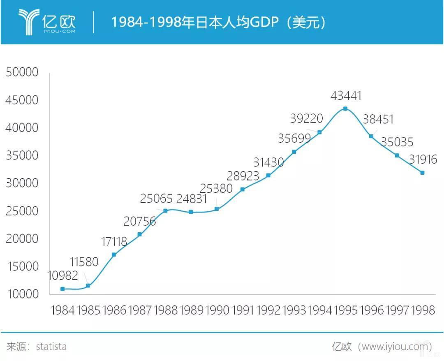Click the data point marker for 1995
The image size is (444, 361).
[345, 109]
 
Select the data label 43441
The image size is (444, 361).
[346, 96]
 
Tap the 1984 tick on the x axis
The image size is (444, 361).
[62, 310]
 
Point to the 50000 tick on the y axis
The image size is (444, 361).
[22, 72]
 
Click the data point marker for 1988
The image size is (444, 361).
[165, 211]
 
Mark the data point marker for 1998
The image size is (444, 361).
[422, 173]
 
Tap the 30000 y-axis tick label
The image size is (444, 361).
[22, 183]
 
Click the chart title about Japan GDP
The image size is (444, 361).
[218, 22]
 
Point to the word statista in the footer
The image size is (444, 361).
[51, 346]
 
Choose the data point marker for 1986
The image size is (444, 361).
[114, 255]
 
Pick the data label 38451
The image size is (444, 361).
[378, 119]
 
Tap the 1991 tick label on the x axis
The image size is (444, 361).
[243, 310]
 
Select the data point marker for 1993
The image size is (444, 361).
[294, 152]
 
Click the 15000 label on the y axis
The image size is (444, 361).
[22, 266]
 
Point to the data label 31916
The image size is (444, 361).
[423, 159]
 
